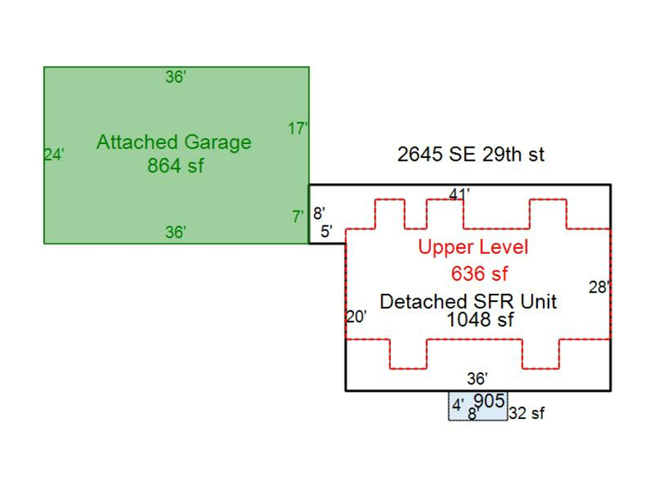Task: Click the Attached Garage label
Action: pyautogui.click(x=174, y=142)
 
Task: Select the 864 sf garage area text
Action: pyautogui.click(x=175, y=166)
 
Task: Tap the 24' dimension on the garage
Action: pyautogui.click(x=54, y=155)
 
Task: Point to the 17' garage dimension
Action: pyautogui.click(x=297, y=129)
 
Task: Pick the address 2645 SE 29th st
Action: pyautogui.click(x=471, y=154)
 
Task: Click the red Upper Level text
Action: pyautogui.click(x=473, y=247)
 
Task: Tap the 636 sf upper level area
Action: pyautogui.click(x=480, y=274)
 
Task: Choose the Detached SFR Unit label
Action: pyautogui.click(x=468, y=301)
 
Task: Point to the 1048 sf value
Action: pyautogui.click(x=480, y=319)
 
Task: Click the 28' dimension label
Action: pyautogui.click(x=598, y=287)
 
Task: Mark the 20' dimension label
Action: pyautogui.click(x=356, y=317)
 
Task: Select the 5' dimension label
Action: pyautogui.click(x=326, y=233)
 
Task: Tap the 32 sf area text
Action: pyautogui.click(x=527, y=414)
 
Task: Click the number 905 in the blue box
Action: pyautogui.click(x=489, y=401)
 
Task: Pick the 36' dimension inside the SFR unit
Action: pyautogui.click(x=477, y=378)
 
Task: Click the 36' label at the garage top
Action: pyautogui.click(x=175, y=77)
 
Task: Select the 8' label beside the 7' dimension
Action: pyautogui.click(x=319, y=215)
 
